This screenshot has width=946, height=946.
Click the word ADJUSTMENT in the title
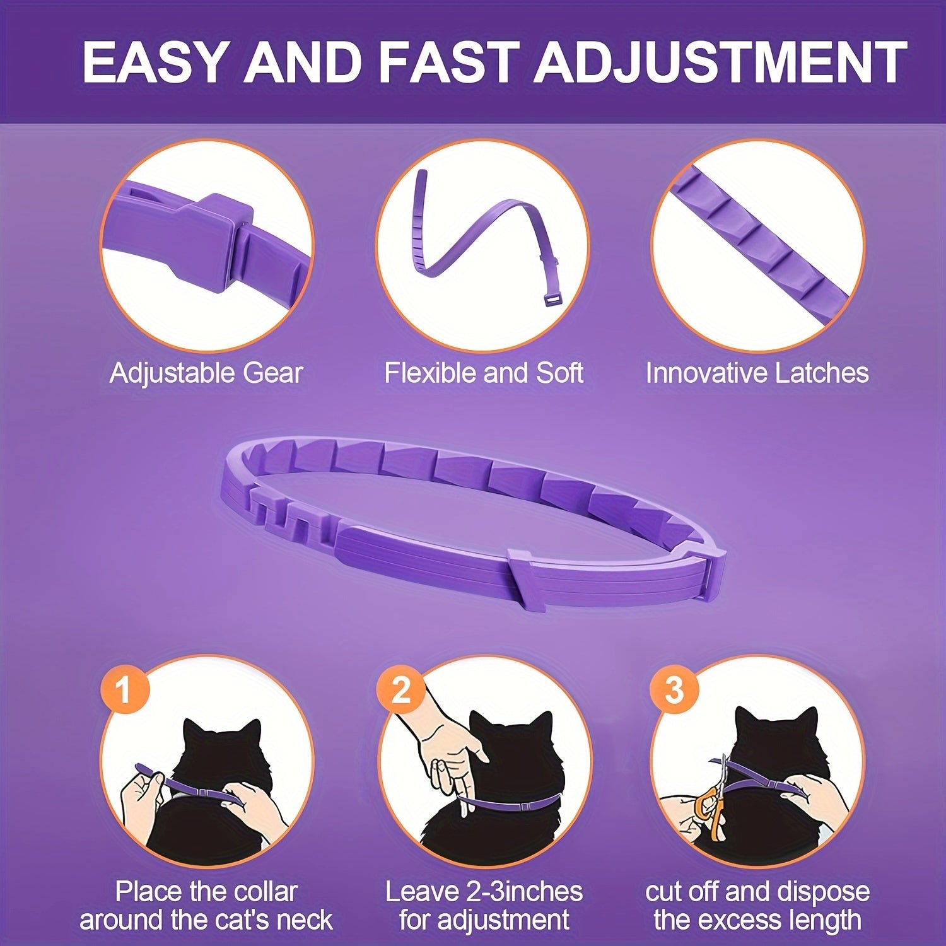click(721, 62)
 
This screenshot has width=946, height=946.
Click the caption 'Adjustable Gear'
click(206, 373)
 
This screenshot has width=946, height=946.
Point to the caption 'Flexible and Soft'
click(484, 373)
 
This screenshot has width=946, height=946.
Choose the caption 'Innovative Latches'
click(757, 373)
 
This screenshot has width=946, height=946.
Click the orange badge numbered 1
click(124, 689)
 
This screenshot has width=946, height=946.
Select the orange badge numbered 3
click(674, 690)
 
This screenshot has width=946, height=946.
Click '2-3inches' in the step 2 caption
click(524, 892)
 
